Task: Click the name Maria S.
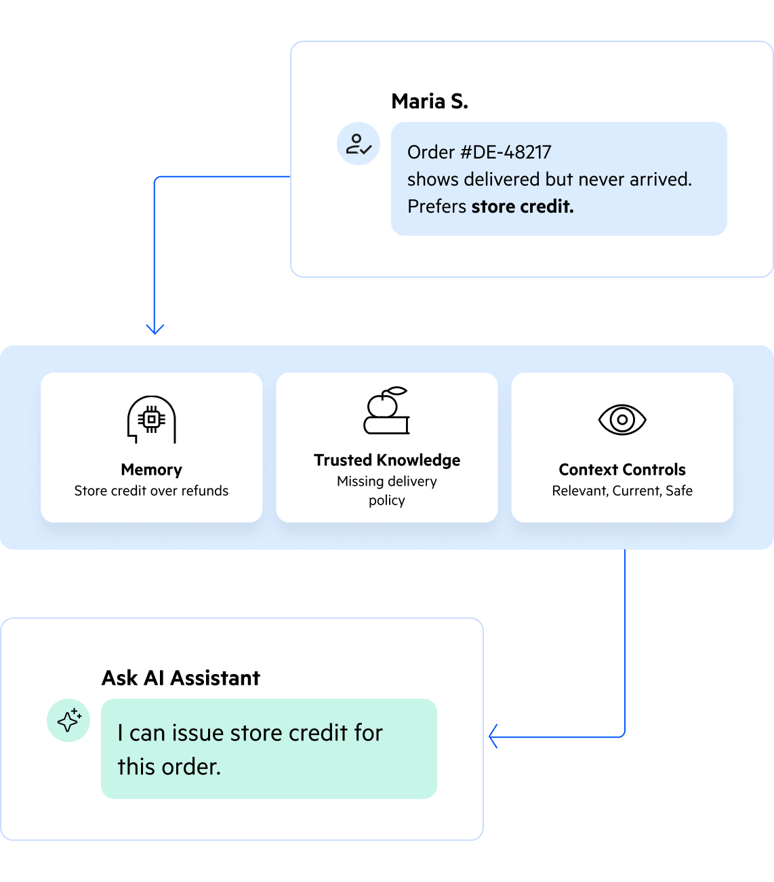pos(430,102)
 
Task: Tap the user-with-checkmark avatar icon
pos(359,144)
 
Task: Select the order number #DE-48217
pos(506,152)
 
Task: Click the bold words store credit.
pos(523,207)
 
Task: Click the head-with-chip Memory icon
pos(152,419)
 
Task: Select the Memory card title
pos(152,469)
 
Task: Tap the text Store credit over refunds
pos(151,490)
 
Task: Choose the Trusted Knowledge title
pos(387,460)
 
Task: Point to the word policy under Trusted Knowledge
pos(387,501)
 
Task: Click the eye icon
pos(622,420)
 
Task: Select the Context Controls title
pos(622,469)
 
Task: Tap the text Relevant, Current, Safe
pos(622,490)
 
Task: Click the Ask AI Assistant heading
pos(181,678)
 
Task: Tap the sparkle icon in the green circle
pos(68,721)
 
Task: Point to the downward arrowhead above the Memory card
pos(155,329)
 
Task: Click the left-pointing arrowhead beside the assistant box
pos(493,736)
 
